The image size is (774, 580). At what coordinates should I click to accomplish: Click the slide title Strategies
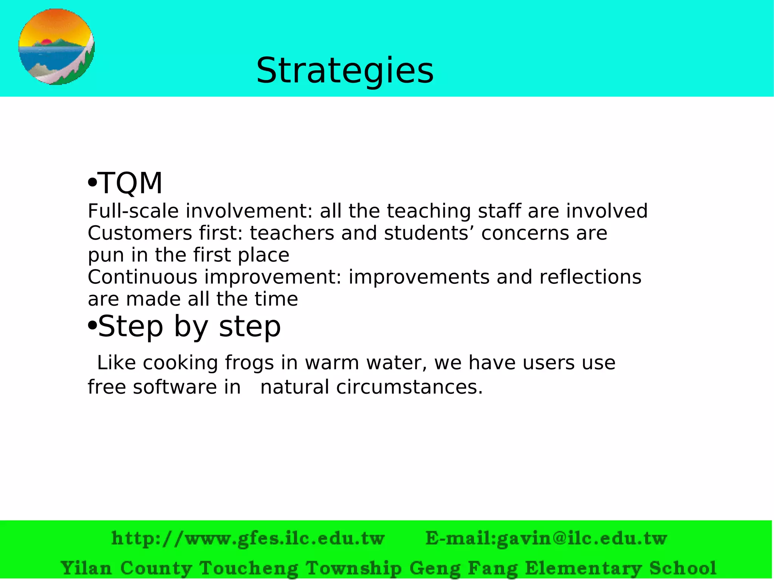pyautogui.click(x=345, y=71)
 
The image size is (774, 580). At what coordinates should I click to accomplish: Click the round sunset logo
pyautogui.click(x=56, y=47)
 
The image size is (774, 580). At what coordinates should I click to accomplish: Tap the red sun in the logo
pyautogui.click(x=47, y=42)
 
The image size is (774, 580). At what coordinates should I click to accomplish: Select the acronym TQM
pyautogui.click(x=130, y=183)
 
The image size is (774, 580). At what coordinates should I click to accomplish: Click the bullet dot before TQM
pyautogui.click(x=91, y=183)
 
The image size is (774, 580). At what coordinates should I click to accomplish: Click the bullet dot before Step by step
pyautogui.click(x=92, y=326)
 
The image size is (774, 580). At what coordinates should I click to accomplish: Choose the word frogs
pyautogui.click(x=249, y=363)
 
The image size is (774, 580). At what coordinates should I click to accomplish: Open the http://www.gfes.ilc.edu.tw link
pyautogui.click(x=248, y=538)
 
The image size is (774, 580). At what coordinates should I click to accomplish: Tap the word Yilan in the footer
pyautogui.click(x=86, y=568)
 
